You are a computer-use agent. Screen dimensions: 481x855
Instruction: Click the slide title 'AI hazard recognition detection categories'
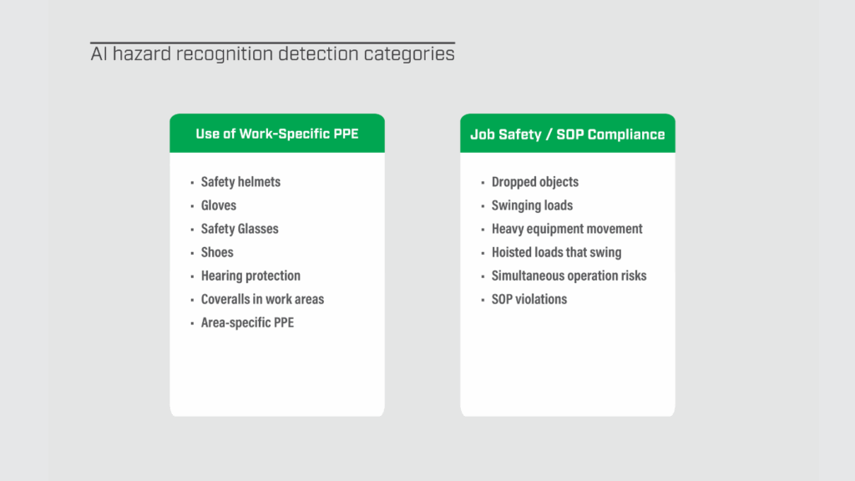(272, 55)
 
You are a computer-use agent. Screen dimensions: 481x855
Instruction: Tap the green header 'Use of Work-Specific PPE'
(277, 134)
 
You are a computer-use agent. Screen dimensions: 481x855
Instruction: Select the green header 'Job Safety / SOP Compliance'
(567, 134)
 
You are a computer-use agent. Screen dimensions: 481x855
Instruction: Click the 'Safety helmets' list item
(240, 182)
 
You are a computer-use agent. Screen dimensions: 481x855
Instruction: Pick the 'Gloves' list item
(219, 205)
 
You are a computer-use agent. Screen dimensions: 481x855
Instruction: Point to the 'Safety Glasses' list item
(240, 229)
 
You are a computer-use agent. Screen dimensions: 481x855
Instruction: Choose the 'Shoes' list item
(217, 252)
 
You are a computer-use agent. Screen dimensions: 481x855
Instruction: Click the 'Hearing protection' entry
(250, 276)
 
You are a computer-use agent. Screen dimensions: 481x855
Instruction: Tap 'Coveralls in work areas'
(262, 299)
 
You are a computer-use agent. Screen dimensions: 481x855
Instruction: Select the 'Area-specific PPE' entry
(247, 322)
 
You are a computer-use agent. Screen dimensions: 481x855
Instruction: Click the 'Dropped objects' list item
(534, 182)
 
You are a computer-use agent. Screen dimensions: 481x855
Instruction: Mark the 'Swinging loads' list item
(532, 205)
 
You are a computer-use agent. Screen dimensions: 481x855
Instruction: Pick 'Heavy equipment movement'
(567, 229)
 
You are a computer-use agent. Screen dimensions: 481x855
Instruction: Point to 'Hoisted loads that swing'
(556, 252)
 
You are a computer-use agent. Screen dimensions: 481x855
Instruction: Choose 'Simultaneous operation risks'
(569, 276)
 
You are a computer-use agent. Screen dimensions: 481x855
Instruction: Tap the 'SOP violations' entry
(529, 299)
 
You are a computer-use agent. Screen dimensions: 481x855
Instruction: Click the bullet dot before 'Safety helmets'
(192, 183)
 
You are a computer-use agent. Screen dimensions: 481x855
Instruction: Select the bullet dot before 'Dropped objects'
(483, 183)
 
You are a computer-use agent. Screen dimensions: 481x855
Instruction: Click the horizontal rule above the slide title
(272, 43)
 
